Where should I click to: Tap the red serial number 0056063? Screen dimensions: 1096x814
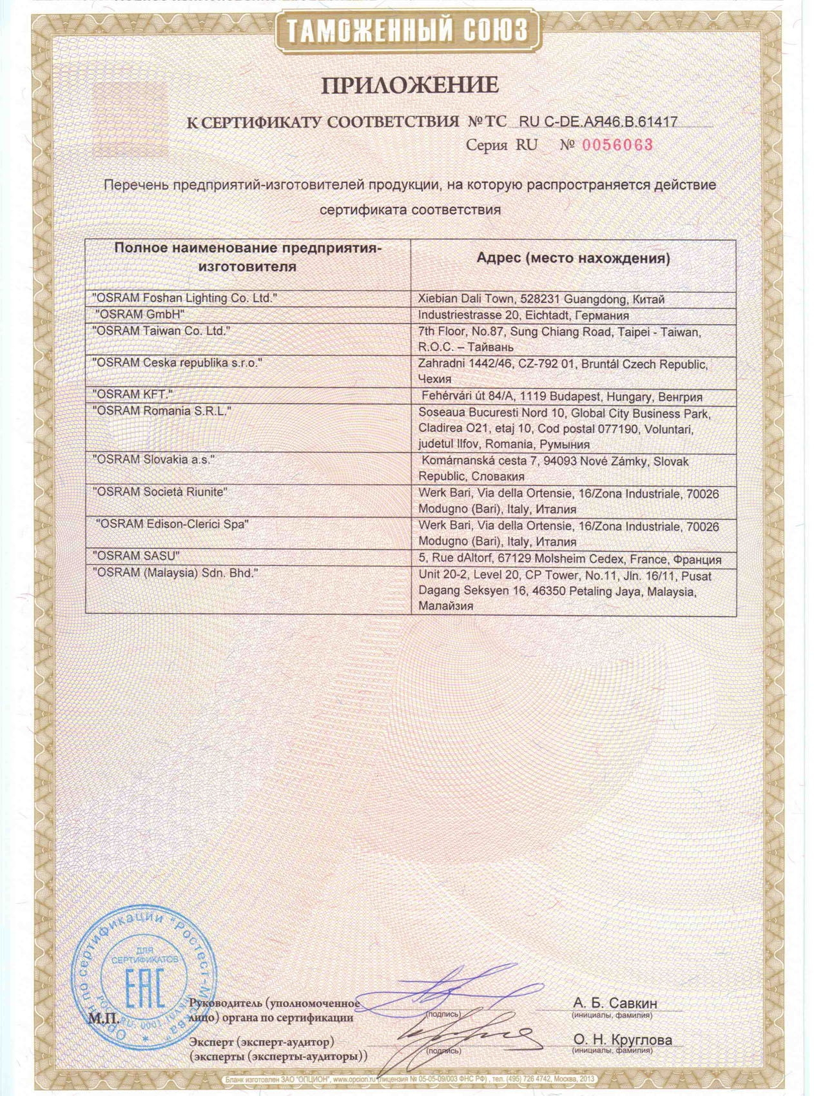[617, 145]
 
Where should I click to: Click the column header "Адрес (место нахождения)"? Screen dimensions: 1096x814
[573, 259]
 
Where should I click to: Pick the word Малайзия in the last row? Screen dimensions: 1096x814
[445, 606]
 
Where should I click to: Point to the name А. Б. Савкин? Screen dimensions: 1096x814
[615, 1003]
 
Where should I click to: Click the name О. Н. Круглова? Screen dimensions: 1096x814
[623, 1040]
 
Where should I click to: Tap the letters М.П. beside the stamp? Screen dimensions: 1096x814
[102, 1019]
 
